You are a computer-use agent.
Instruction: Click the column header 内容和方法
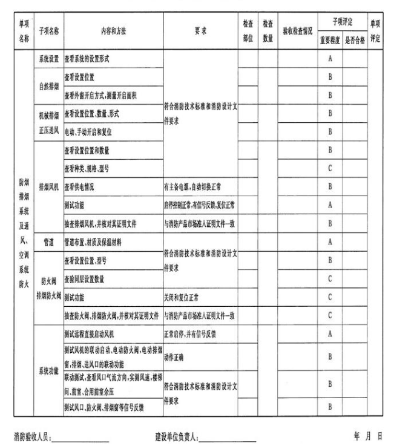113,32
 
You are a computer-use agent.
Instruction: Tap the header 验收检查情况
298,32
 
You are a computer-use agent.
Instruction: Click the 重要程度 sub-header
329,41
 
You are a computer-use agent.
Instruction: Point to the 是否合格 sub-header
355,41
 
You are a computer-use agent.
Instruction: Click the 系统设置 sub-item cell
49,59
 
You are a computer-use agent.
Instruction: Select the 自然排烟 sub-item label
49,86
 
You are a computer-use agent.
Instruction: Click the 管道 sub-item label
49,242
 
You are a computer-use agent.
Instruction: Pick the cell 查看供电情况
81,187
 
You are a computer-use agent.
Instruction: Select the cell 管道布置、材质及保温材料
99,242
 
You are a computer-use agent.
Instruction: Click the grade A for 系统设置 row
330,59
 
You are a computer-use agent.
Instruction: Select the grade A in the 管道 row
330,242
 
